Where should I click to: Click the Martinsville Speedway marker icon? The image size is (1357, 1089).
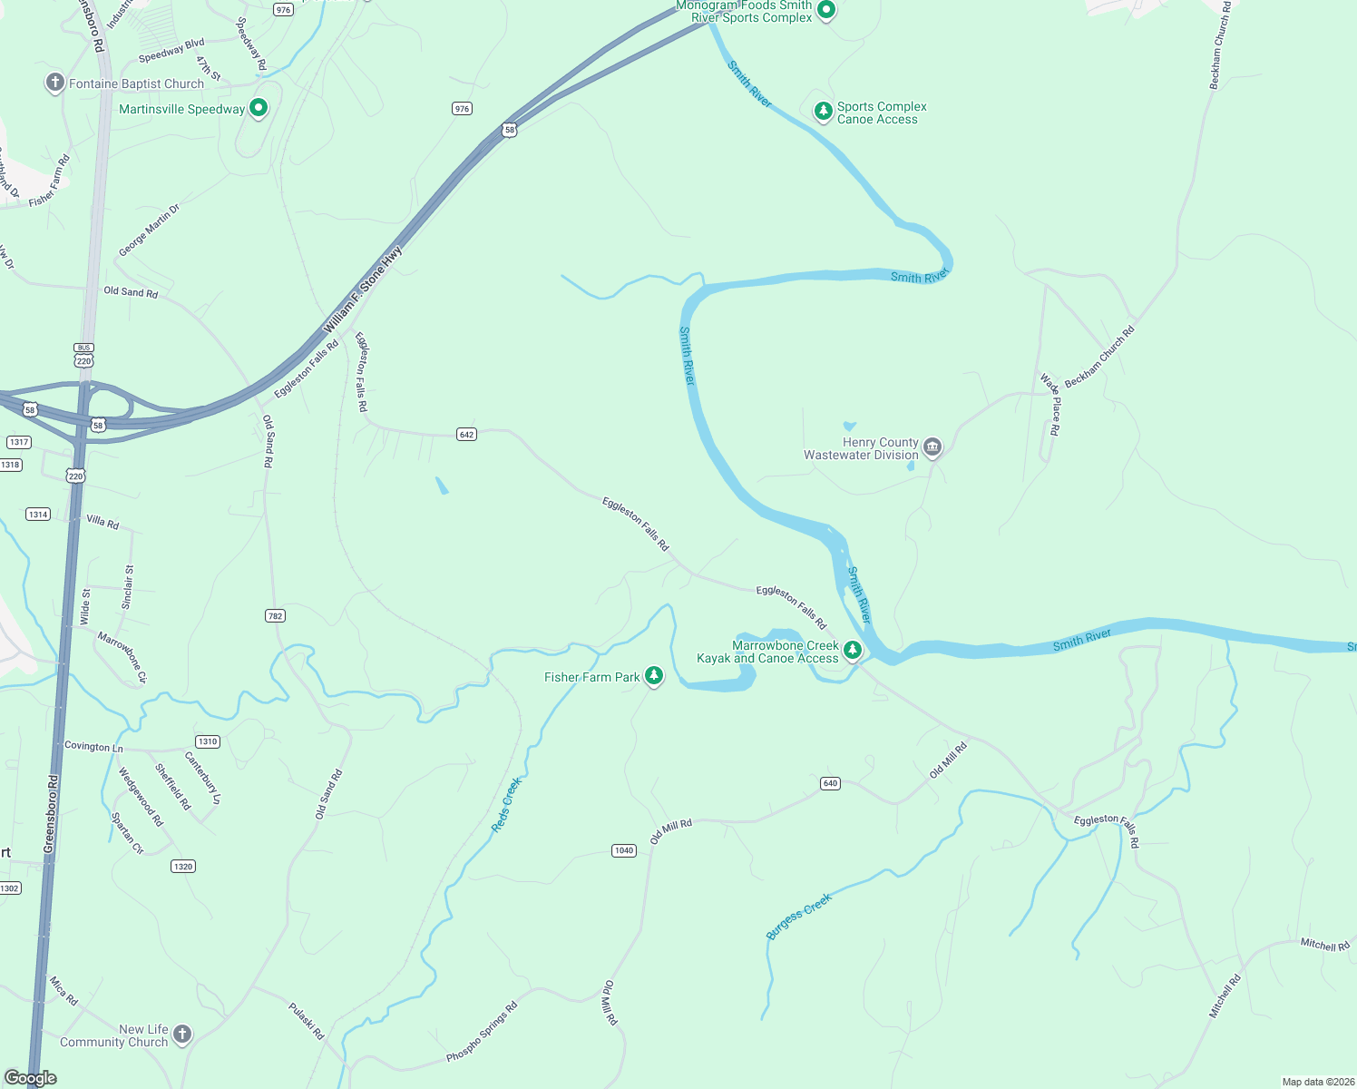click(x=259, y=108)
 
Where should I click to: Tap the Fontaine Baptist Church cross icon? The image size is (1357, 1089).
click(x=55, y=83)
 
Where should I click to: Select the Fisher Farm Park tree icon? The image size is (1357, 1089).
click(x=653, y=676)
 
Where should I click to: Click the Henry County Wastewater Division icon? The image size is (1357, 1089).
click(x=932, y=447)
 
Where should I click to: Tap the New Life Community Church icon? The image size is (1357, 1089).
click(x=182, y=1035)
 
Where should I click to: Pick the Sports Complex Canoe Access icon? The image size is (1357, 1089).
click(x=823, y=112)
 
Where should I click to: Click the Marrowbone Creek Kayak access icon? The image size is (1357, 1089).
click(x=852, y=650)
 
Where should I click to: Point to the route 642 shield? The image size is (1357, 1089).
click(x=466, y=435)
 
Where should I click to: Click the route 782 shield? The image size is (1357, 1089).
click(x=275, y=616)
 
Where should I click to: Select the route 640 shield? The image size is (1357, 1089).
click(x=830, y=783)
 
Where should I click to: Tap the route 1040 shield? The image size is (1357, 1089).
click(x=623, y=850)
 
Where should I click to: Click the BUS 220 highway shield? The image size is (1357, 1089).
click(x=83, y=356)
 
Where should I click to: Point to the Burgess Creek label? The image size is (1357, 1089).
click(x=799, y=916)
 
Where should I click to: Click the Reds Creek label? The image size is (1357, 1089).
click(x=507, y=804)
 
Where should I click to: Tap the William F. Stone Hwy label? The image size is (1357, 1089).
click(x=364, y=290)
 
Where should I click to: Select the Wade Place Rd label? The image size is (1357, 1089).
click(x=1051, y=405)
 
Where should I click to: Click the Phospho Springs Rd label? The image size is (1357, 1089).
click(x=482, y=1032)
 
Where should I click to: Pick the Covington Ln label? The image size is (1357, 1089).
click(x=93, y=746)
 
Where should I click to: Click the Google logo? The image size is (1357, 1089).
click(x=31, y=1078)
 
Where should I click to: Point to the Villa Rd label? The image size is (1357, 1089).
click(x=102, y=522)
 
